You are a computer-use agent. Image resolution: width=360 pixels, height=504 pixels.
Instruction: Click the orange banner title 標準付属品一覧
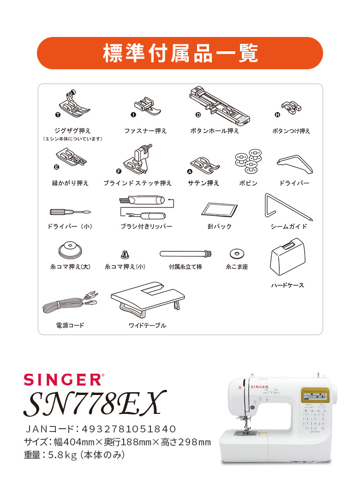[x=180, y=54]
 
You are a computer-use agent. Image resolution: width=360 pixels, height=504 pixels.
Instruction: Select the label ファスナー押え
[x=145, y=131]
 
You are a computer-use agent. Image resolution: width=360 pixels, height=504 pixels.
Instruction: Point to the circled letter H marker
[x=277, y=115]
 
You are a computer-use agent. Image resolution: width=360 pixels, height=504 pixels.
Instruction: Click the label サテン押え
[x=203, y=183]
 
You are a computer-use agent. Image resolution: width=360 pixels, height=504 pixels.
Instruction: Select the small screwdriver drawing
[x=70, y=212]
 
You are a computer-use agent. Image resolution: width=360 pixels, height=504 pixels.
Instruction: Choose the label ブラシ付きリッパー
[x=146, y=227]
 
